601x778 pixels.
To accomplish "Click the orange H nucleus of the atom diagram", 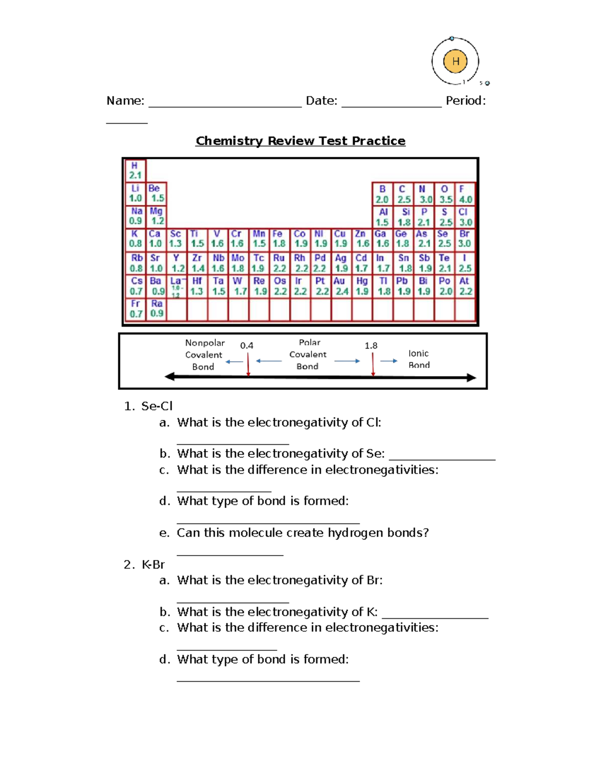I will [x=455, y=62].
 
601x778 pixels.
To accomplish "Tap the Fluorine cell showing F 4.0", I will [x=465, y=194].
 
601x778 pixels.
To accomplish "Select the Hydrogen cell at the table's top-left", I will [x=135, y=170].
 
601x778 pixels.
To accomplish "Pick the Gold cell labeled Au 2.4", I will [x=341, y=286].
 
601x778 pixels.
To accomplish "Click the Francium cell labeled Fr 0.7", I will [x=136, y=309].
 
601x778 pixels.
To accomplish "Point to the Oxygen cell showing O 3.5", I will [x=445, y=194].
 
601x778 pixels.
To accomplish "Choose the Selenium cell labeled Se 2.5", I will [x=444, y=238].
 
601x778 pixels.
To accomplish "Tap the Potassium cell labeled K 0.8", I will [x=135, y=238].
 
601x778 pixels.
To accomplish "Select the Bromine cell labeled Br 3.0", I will [x=465, y=238].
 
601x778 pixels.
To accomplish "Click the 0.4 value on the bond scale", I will [x=246, y=346].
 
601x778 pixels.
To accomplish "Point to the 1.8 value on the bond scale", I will [x=371, y=346].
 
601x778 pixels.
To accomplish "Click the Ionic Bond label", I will [x=419, y=359].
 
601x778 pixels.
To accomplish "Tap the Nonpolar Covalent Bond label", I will [x=204, y=355].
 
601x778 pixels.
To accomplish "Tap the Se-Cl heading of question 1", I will [x=157, y=406].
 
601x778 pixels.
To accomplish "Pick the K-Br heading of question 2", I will [x=153, y=565].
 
